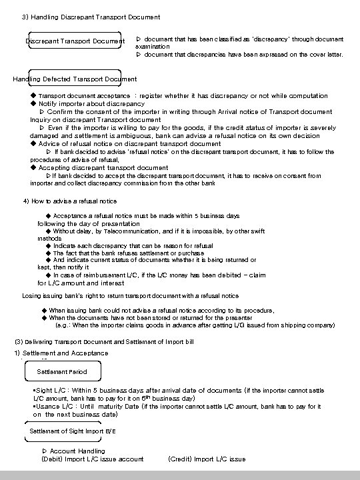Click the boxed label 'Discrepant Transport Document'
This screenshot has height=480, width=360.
75,41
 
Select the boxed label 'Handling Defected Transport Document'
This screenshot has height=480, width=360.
75,79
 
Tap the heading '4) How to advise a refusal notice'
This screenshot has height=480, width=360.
70,201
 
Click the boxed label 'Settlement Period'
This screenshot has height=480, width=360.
61,371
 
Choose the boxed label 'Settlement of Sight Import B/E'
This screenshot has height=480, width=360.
73,431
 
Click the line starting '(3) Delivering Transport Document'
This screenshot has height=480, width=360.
104,342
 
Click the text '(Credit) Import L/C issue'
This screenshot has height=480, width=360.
207,459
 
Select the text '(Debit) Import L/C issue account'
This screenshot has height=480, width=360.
93,459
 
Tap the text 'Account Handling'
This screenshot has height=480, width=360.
77,451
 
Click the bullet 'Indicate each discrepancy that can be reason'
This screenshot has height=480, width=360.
133,245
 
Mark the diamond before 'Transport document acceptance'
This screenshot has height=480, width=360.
33,96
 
